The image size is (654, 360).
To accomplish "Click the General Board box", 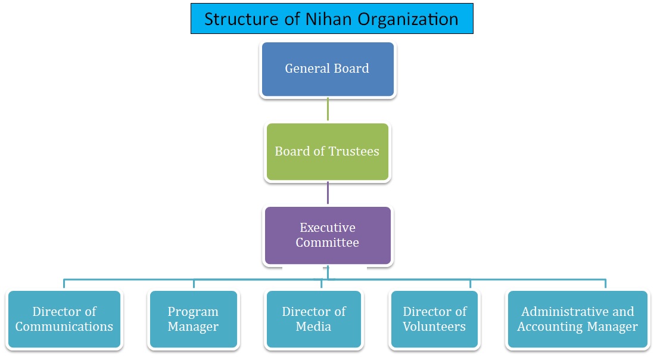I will coord(327,69).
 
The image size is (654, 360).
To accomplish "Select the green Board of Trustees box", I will coord(327,151).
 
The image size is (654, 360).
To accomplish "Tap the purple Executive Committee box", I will coord(327,235).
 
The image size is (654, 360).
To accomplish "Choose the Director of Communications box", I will coord(64,319).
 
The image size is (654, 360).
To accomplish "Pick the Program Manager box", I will coord(193,319).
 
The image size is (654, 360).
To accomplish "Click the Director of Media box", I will coord(314,319).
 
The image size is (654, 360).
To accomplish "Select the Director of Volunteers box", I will coord(434,319).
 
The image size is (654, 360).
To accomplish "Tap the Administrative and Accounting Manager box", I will coord(577,319).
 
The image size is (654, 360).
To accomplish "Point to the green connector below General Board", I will coord(328,110).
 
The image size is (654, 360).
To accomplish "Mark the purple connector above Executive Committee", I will coord(328,193).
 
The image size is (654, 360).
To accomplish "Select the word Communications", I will coord(64,327).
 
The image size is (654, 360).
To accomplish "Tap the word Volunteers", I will coord(434,327).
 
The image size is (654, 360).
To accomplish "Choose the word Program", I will coord(193,312).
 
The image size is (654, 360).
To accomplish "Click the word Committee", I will coord(327,243).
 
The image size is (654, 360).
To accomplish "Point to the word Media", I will coord(314,327).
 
